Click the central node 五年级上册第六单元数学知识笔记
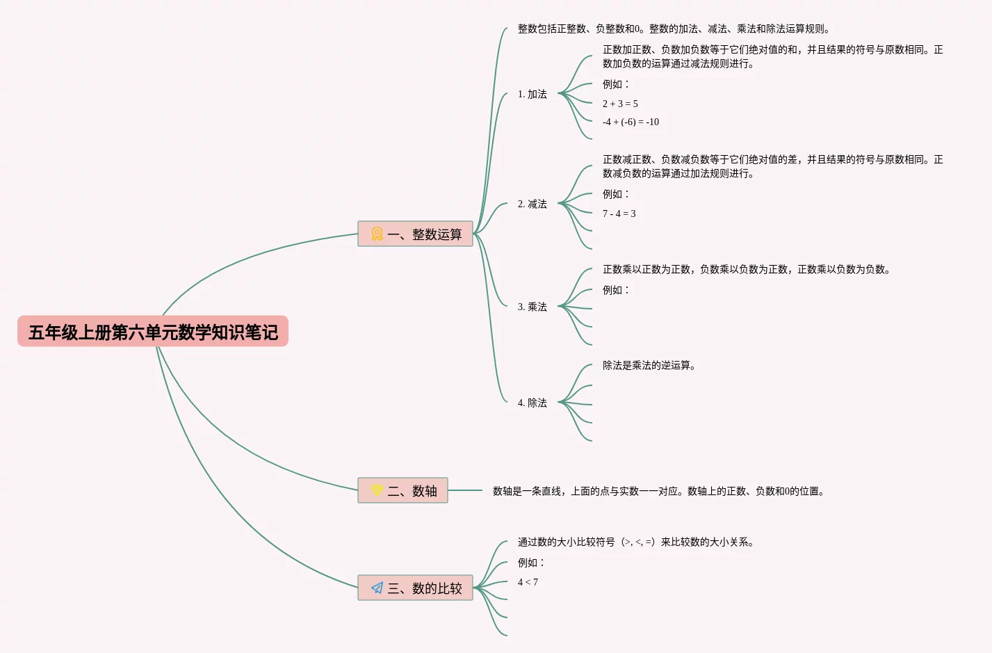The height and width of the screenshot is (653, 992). [153, 332]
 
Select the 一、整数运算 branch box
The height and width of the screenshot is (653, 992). [415, 234]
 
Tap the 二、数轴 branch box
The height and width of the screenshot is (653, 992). [403, 491]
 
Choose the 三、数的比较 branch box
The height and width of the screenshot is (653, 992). [415, 588]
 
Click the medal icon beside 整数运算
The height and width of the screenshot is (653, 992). [377, 234]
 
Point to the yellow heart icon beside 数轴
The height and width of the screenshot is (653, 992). [377, 490]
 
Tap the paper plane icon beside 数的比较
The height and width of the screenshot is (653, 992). [377, 588]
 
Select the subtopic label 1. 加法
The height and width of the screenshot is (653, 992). [532, 95]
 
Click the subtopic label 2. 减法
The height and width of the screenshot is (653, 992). [532, 204]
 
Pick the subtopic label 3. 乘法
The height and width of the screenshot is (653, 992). [532, 307]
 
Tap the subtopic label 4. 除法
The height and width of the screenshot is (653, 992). [532, 403]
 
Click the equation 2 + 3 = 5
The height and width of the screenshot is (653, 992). [620, 104]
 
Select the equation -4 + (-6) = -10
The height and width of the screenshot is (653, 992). [631, 122]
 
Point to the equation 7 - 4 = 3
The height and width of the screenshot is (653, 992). [619, 214]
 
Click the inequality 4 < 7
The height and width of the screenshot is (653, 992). [528, 583]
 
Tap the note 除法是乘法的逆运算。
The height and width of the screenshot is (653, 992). [649, 366]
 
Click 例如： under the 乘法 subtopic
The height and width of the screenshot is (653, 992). [615, 291]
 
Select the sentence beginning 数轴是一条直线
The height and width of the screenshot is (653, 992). [658, 492]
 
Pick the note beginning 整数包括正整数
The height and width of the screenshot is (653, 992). [674, 29]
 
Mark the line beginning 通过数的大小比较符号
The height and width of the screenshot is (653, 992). [636, 542]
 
